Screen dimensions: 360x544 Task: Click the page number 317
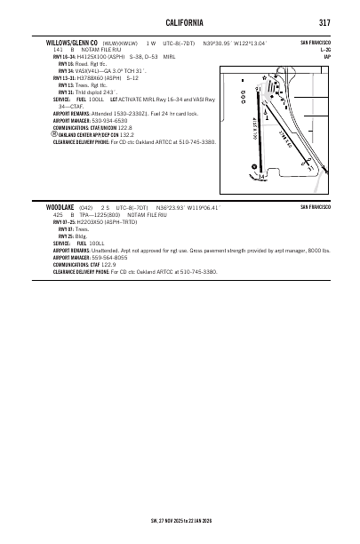[325, 21]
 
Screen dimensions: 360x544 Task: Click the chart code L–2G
[325, 49]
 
